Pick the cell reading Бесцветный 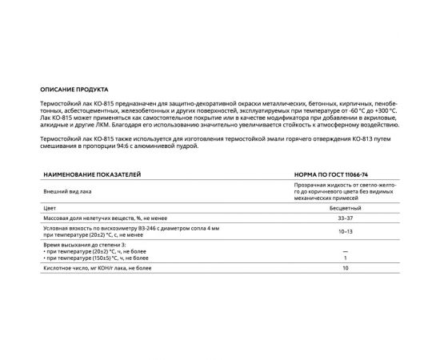[x=345, y=207]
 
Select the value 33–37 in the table [x=345, y=218]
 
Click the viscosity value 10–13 [x=345, y=232]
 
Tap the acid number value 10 [x=345, y=270]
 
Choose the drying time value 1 [x=345, y=258]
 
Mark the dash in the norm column [x=345, y=250]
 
